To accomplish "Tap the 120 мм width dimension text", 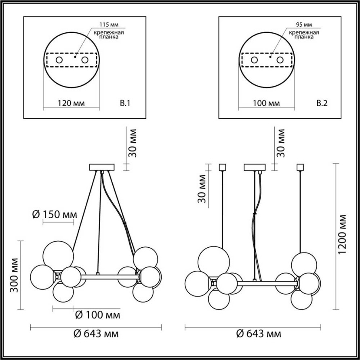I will tap(71, 103).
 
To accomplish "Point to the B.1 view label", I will tap(125, 103).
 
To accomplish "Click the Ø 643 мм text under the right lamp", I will tap(259, 334).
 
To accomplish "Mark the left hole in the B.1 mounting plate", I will tap(59, 60).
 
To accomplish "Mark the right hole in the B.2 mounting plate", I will tap(280, 60).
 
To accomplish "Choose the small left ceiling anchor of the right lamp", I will tap(221, 166).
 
